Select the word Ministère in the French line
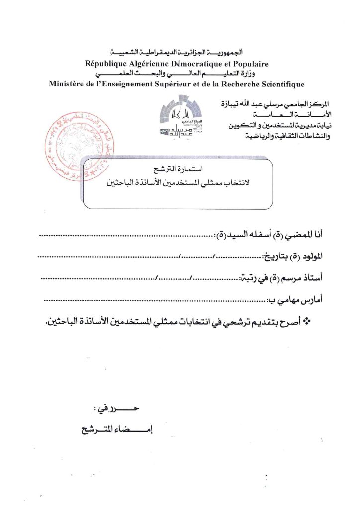tap(68, 84)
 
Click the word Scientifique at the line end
tap(280, 84)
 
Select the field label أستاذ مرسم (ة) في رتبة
tap(282, 278)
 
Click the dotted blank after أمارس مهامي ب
tap(154, 301)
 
